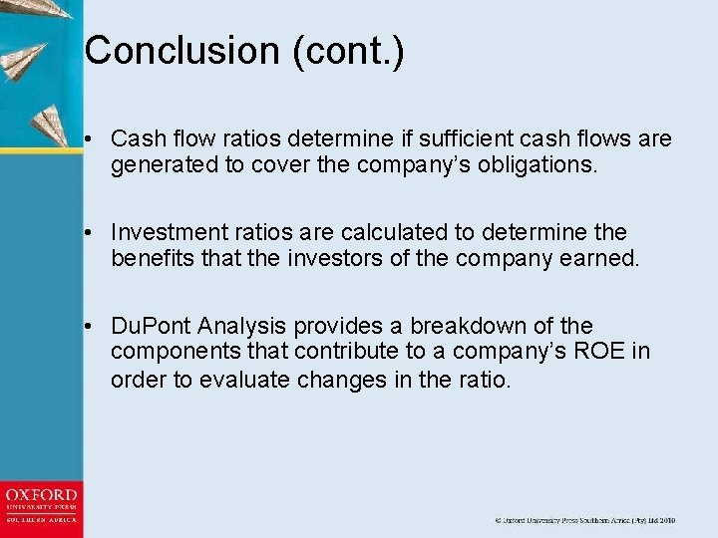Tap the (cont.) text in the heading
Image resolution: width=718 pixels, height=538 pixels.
click(348, 51)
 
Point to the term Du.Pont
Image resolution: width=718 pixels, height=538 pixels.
click(153, 326)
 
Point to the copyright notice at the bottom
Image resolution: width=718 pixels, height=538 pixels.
click(585, 520)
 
